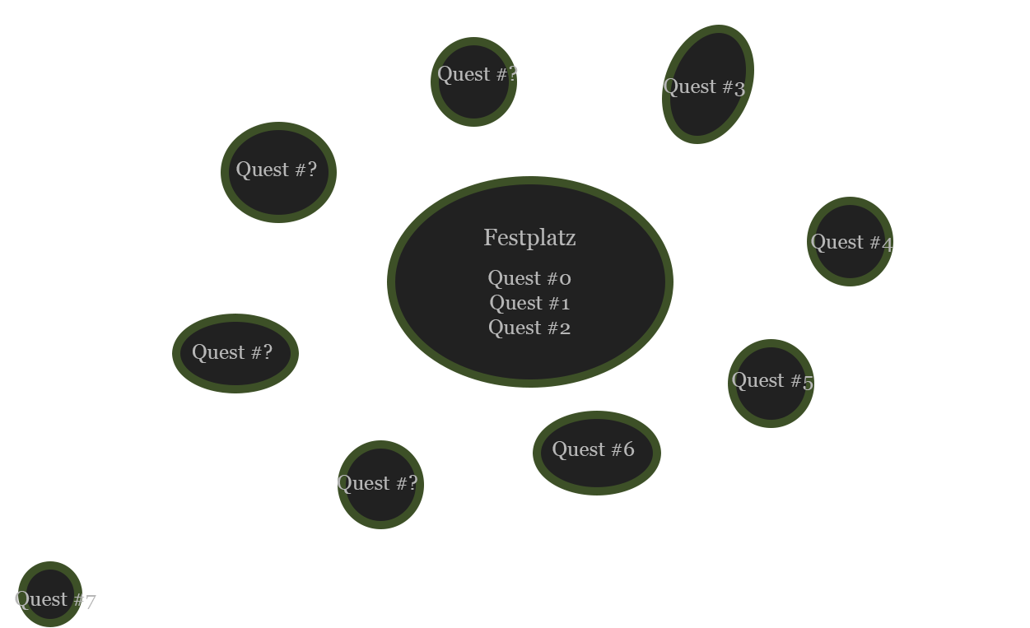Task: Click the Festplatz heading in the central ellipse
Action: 529,238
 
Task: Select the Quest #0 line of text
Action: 529,278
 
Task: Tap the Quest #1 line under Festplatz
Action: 529,303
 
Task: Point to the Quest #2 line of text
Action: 529,328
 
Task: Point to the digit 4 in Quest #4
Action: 887,244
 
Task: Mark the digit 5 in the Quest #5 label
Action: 808,383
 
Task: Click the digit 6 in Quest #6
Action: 628,449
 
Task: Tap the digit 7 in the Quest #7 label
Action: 90,602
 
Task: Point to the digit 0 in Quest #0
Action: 565,279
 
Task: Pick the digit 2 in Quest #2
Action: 565,328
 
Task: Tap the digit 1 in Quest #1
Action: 565,304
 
